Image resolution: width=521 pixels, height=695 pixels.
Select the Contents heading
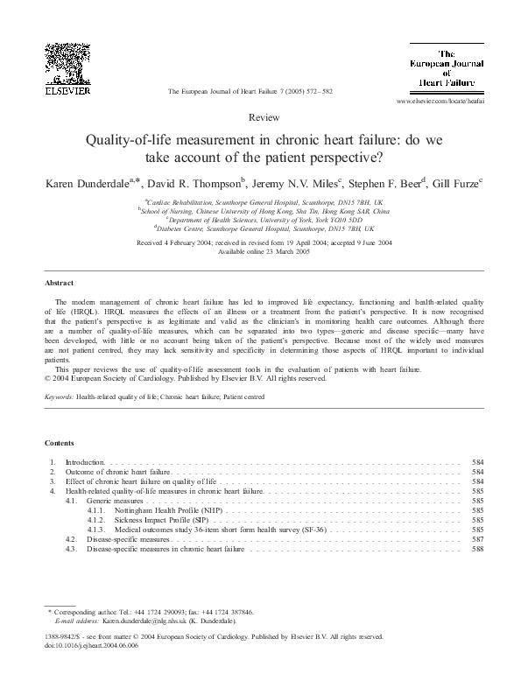point(60,444)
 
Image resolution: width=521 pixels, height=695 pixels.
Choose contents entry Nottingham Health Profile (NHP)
point(168,509)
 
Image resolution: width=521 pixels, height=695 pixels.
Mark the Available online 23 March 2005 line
point(259,249)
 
